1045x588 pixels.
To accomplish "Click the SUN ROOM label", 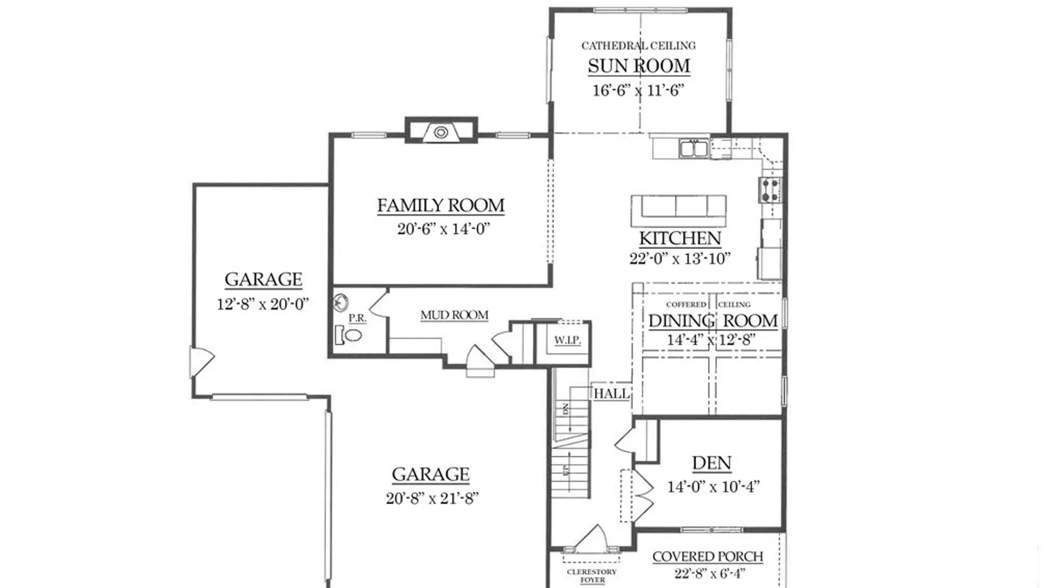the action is tap(638, 66).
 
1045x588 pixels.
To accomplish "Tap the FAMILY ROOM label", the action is tap(441, 205).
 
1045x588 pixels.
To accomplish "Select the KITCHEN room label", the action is tap(680, 238).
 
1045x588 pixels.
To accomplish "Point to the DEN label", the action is tap(712, 463).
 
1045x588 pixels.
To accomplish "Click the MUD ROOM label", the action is tap(454, 315).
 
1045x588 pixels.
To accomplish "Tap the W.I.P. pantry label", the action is tap(568, 340).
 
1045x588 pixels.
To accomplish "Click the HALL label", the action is tap(612, 394).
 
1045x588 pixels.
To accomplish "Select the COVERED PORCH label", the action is tap(708, 556).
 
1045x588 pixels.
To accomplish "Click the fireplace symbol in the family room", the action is tap(441, 132).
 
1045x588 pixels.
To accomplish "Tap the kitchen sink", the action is tap(693, 148).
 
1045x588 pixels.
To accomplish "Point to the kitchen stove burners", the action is tap(770, 190).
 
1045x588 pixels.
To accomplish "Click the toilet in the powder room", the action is tap(349, 335).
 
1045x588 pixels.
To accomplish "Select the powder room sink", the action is tap(341, 302).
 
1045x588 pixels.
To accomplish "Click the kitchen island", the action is tap(679, 211).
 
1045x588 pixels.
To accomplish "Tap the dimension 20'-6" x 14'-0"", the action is tap(444, 229).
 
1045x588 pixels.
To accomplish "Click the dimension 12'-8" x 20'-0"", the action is tap(263, 304).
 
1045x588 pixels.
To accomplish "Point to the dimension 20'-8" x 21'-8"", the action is tap(432, 498).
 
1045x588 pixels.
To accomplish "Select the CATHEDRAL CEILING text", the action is tap(638, 46).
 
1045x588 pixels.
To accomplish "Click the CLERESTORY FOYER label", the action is tap(592, 575).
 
